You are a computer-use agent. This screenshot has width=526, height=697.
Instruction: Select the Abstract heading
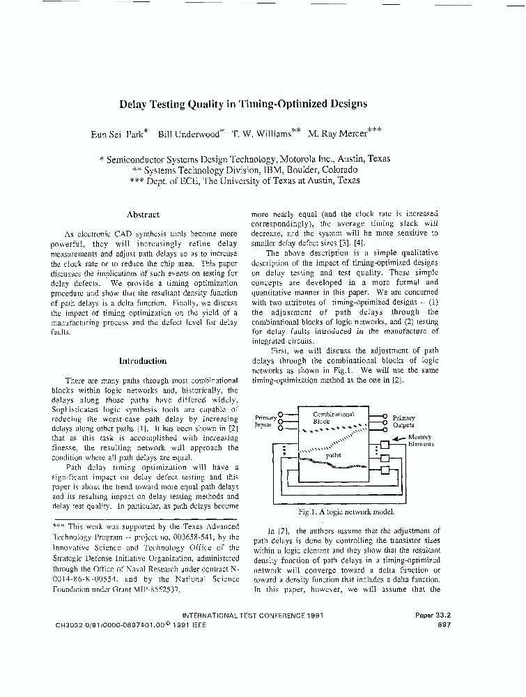pos(144,215)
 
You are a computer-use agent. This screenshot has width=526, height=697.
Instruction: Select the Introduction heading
pos(143,361)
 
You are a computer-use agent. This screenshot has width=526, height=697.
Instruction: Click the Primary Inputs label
pos(265,421)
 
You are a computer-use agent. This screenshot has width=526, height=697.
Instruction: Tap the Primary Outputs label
pos(403,421)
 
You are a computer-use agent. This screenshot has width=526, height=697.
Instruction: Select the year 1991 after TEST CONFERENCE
pos(313,615)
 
